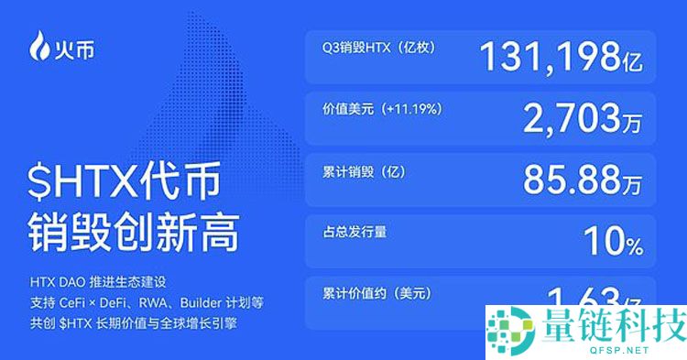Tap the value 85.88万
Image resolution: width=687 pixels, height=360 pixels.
(582, 179)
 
